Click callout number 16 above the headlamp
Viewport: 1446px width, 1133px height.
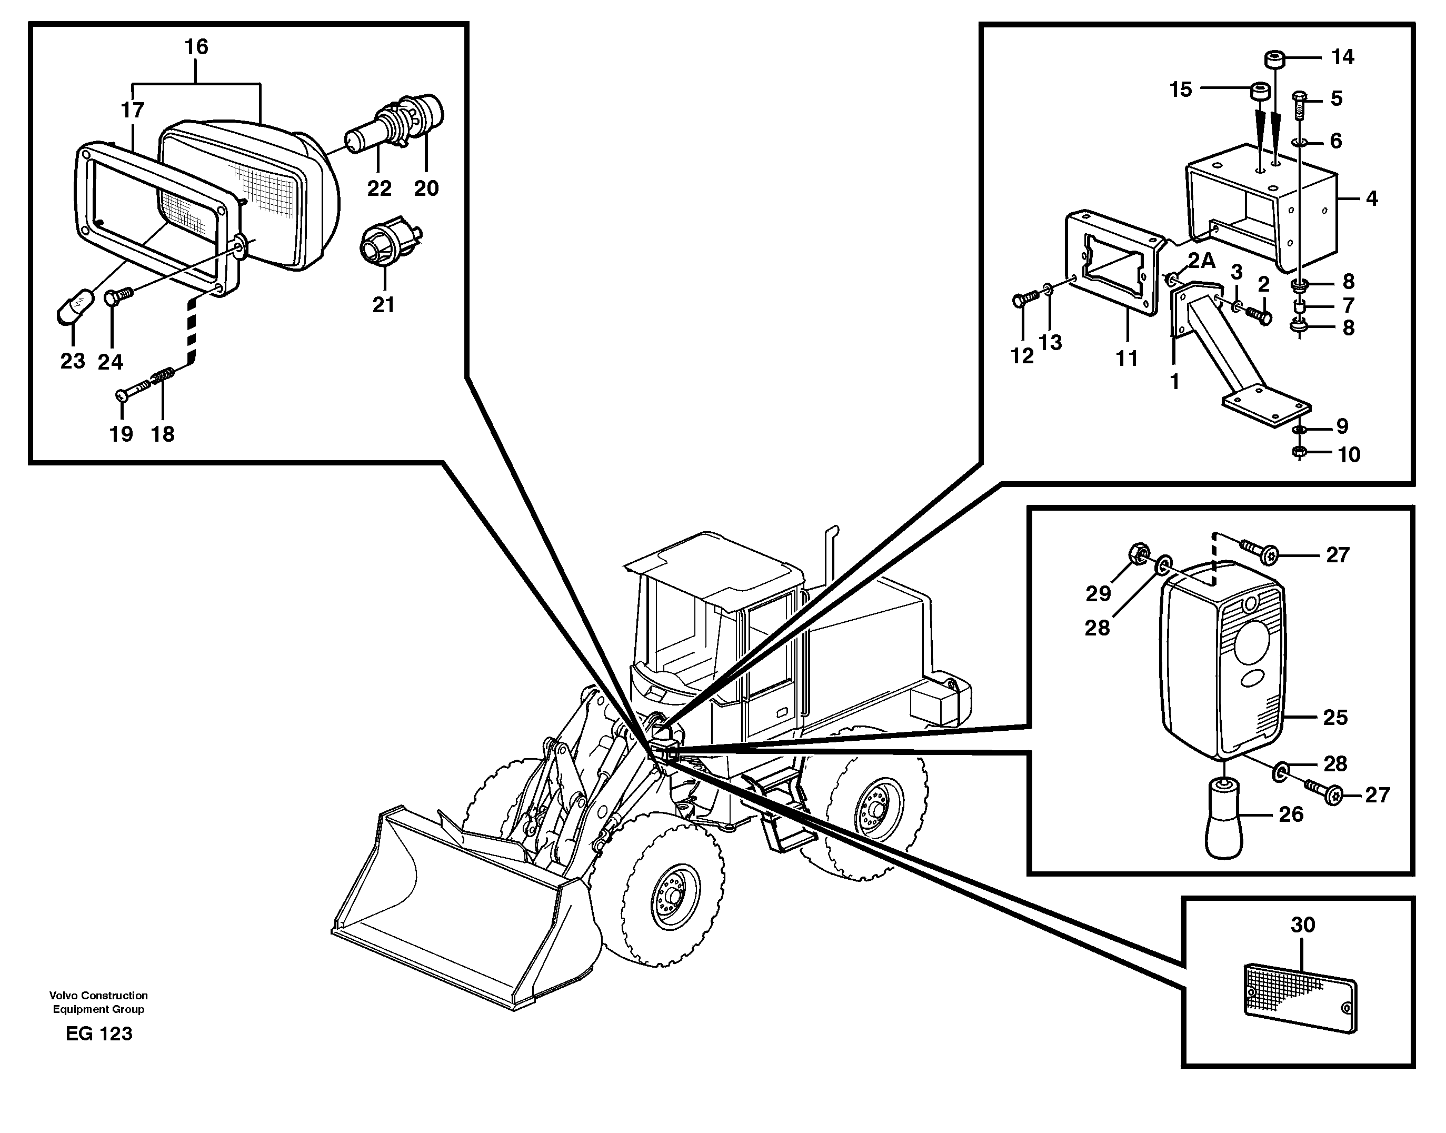click(x=196, y=47)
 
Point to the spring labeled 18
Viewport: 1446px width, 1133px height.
click(x=163, y=378)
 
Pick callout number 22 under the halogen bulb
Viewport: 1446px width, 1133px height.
click(x=380, y=188)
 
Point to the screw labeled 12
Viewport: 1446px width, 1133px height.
click(x=1023, y=301)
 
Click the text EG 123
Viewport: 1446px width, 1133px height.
click(x=99, y=1033)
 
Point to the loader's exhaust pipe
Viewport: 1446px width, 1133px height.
click(x=829, y=551)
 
